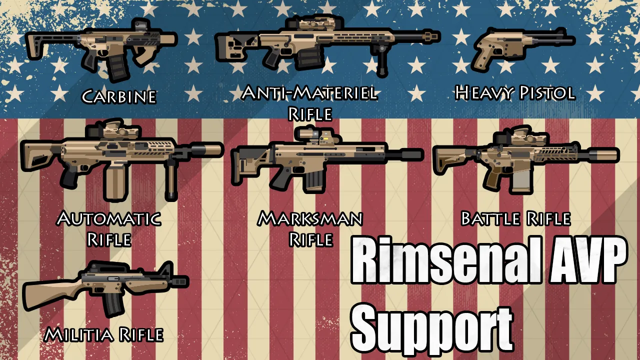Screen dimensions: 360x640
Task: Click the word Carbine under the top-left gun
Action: [x=119, y=96]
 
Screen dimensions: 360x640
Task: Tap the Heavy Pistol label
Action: [x=514, y=93]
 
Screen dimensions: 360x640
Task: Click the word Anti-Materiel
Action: [x=309, y=93]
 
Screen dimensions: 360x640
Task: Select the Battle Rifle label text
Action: [x=515, y=219]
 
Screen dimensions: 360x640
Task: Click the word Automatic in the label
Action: [x=109, y=219]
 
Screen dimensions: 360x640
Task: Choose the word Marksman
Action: [x=310, y=219]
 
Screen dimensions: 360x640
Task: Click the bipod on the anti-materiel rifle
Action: [x=382, y=62]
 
